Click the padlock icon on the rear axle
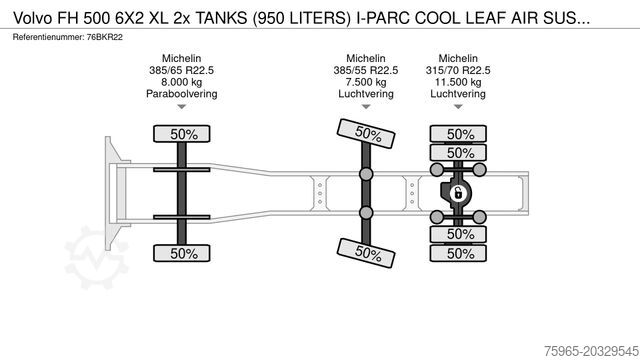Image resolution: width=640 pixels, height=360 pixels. coord(458,193)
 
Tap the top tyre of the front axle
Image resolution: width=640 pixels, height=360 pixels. coord(182,134)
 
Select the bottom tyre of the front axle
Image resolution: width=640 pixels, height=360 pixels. coord(182,253)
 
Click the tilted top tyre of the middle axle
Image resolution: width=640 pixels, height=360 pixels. coord(366,133)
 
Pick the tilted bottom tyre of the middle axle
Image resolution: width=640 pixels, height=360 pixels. coord(366,253)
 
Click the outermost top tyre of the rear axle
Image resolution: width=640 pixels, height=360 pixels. coord(458,134)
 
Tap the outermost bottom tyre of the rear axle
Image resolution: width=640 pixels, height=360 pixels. coord(458,253)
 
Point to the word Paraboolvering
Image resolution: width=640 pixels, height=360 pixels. coord(182,94)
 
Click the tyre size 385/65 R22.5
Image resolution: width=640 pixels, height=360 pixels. coord(182,70)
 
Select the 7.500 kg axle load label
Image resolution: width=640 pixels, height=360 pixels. coord(366,82)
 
